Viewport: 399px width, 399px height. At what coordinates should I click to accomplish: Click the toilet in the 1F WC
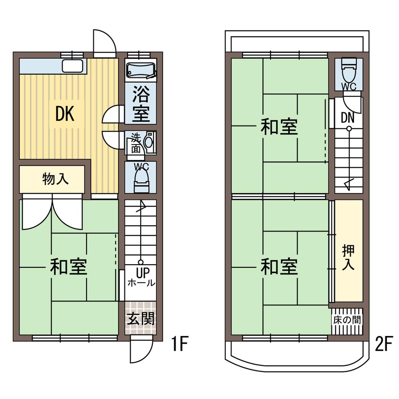(x=141, y=179)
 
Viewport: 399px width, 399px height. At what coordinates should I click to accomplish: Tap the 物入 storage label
(x=55, y=179)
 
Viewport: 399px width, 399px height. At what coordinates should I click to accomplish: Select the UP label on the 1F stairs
(x=141, y=273)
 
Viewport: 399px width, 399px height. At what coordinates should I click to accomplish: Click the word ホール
(x=141, y=283)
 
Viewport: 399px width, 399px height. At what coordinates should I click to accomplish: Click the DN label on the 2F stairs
(x=348, y=117)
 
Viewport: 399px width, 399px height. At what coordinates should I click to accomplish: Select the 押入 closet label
(x=348, y=257)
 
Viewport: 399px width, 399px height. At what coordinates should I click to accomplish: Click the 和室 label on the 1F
(x=68, y=267)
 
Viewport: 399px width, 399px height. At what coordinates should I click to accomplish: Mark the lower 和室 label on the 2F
(x=279, y=267)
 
